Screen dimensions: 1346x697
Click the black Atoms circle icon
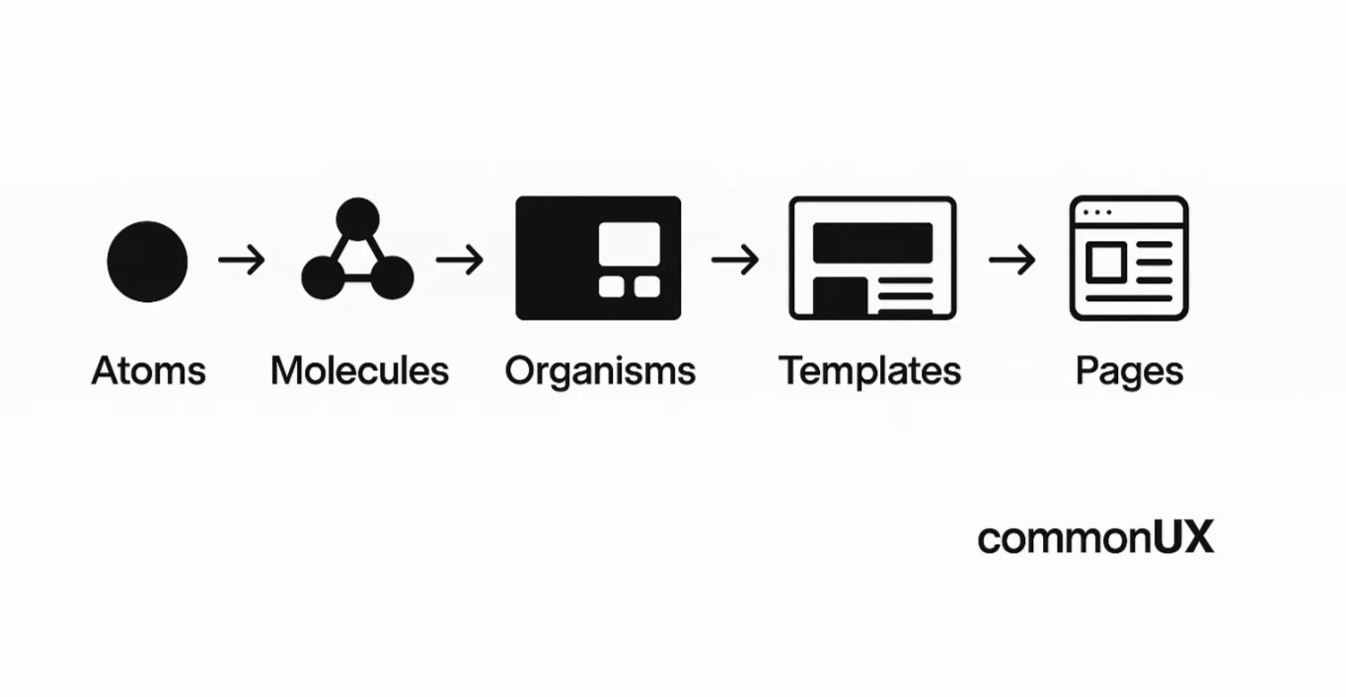coord(147,262)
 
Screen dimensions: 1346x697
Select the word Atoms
coord(149,371)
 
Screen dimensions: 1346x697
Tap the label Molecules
coord(359,371)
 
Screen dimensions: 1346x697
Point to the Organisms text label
coord(600,372)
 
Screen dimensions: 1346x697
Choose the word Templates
coord(869,371)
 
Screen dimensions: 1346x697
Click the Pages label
coord(1129,372)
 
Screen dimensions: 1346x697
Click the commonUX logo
coord(1095,538)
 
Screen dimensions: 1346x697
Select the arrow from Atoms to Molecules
coord(242,261)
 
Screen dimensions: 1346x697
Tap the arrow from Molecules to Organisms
coord(460,261)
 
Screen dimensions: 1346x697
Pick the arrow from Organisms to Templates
coord(735,261)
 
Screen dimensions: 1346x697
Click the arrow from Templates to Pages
coord(1012,261)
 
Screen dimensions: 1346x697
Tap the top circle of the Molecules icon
coord(357,218)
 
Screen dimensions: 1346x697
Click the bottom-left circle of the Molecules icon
coord(323,277)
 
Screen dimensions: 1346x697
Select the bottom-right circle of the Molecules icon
coord(392,277)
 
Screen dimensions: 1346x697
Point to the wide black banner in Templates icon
coord(872,243)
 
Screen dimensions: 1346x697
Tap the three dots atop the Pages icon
coord(1096,212)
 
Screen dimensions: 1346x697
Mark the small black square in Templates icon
coord(840,296)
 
